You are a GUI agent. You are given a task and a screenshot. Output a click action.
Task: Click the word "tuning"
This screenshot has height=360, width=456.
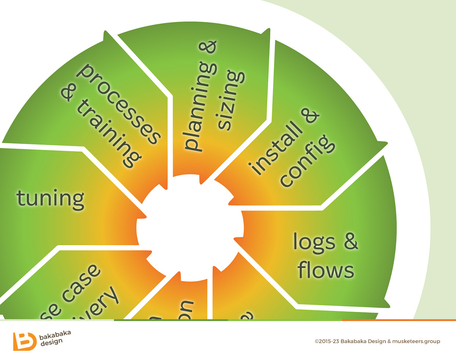click(50, 199)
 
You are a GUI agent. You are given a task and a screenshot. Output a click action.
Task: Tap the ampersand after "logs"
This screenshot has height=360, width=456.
click(351, 241)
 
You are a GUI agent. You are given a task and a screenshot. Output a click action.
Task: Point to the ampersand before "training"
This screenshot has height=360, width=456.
click(70, 92)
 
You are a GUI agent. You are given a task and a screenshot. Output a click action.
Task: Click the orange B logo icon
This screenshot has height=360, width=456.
click(25, 341)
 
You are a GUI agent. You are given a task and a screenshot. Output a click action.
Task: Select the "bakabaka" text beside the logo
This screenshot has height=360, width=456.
click(55, 335)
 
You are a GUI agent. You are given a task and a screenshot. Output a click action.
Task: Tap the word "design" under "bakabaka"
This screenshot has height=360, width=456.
click(51, 342)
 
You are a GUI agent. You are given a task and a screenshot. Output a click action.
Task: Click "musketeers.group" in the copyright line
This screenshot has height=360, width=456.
click(416, 341)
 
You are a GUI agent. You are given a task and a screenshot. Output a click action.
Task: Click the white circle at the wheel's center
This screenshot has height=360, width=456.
click(190, 228)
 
